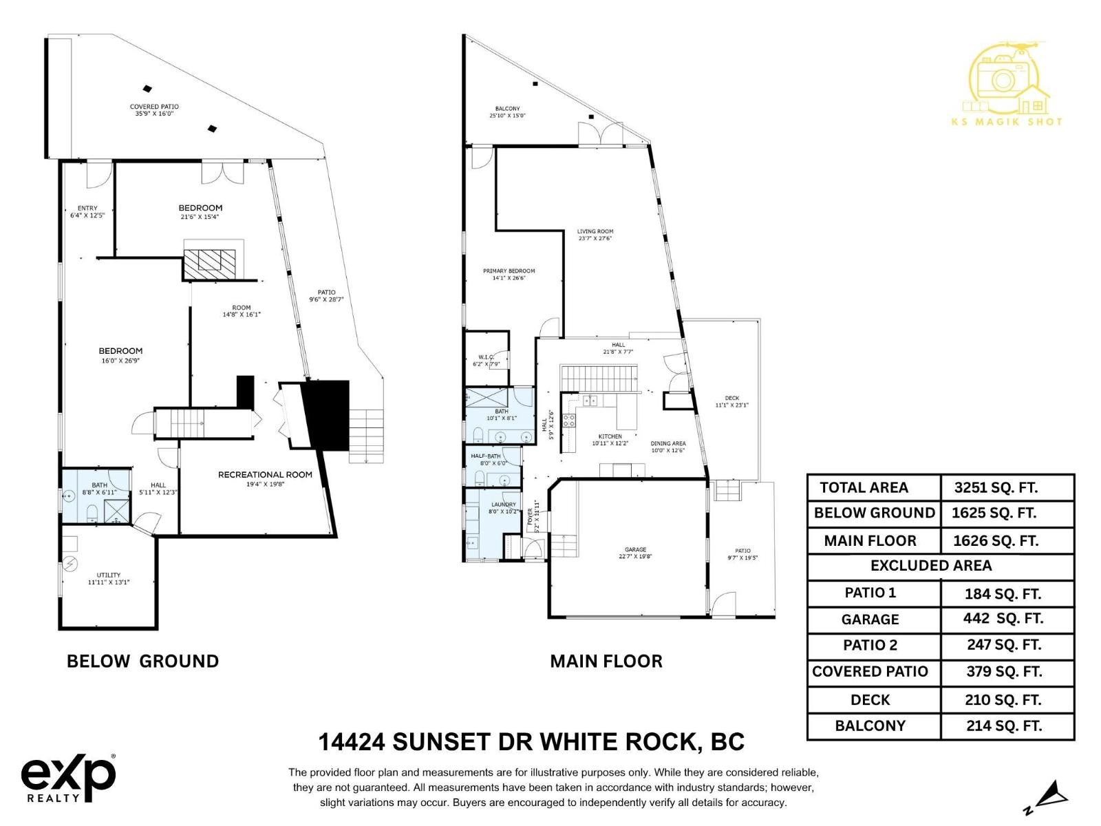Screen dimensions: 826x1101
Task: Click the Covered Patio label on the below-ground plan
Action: coord(154,109)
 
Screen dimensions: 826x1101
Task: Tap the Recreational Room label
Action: coord(265,475)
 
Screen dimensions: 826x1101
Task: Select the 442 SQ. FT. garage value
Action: coord(1003,619)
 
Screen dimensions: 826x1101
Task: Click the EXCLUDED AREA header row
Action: coord(931,566)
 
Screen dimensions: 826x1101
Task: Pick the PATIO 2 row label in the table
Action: coord(870,645)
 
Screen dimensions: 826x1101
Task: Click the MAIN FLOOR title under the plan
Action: coord(606,661)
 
